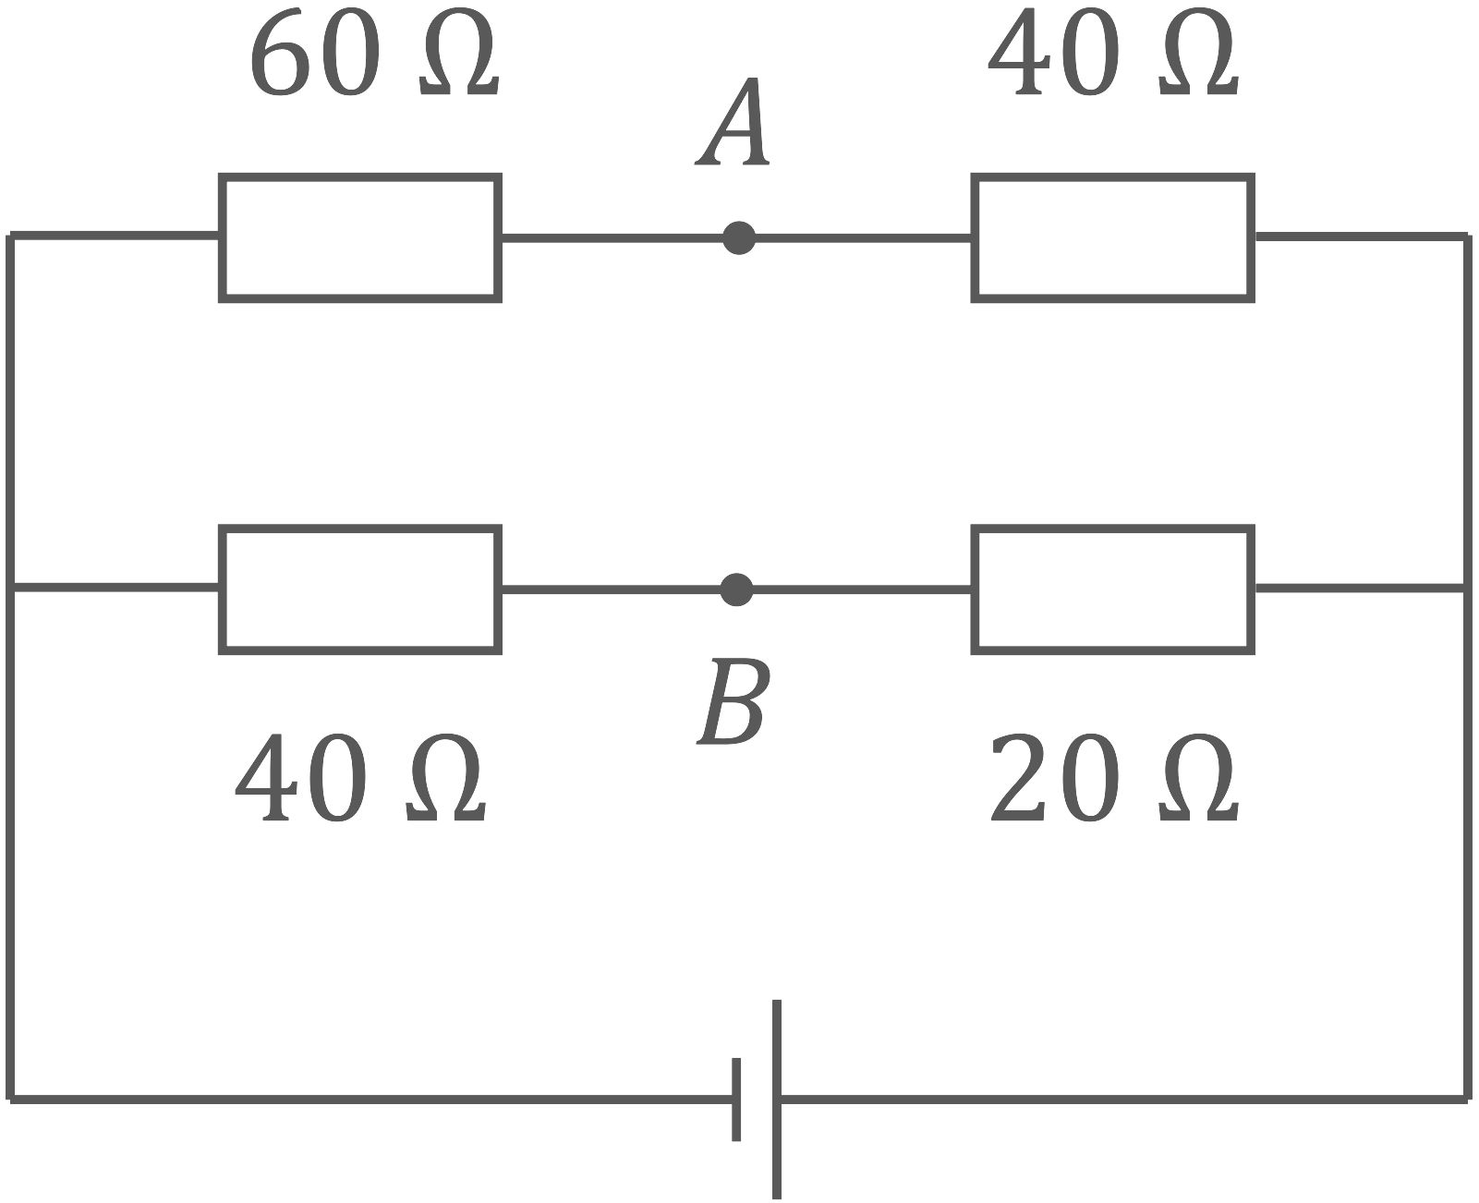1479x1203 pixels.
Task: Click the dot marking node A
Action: click(x=739, y=238)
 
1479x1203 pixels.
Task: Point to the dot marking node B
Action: click(x=736, y=589)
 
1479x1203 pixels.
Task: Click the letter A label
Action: click(x=733, y=122)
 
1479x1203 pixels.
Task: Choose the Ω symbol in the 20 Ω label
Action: click(x=1198, y=779)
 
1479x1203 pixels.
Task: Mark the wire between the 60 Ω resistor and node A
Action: click(x=612, y=238)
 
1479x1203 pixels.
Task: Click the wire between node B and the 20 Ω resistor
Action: click(x=862, y=589)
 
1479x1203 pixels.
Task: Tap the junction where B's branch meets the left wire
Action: click(x=11, y=589)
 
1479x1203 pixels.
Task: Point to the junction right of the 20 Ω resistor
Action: click(x=1467, y=589)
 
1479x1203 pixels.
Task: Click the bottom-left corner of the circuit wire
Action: click(x=11, y=1100)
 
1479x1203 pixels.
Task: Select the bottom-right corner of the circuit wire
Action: click(x=1467, y=1100)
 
